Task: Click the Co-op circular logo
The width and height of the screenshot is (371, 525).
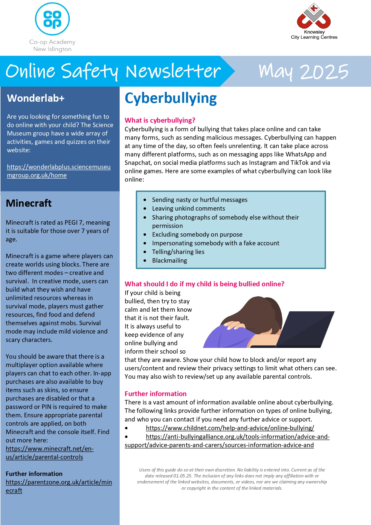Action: (x=52, y=19)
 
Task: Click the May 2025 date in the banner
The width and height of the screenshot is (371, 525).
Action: (x=303, y=72)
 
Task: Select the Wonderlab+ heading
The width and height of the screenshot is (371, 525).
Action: (x=36, y=98)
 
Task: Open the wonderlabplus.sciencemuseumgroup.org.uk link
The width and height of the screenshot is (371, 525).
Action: (x=59, y=171)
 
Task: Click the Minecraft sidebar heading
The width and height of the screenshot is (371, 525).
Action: (x=29, y=203)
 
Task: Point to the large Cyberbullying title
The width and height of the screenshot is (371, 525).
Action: (x=171, y=98)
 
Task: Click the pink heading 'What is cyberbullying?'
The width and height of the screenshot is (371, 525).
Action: (x=160, y=120)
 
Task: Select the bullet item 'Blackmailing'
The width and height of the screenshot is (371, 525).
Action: (x=170, y=261)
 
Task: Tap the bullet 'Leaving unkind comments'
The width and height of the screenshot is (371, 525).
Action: (x=188, y=209)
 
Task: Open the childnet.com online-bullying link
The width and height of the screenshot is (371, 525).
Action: (x=230, y=428)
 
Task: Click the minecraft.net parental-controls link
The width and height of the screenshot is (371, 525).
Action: (x=50, y=453)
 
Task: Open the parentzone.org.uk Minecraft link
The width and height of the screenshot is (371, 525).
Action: (x=59, y=486)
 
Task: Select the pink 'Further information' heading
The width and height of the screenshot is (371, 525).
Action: (x=155, y=394)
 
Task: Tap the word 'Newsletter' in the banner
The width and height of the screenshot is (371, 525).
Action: (x=173, y=72)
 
